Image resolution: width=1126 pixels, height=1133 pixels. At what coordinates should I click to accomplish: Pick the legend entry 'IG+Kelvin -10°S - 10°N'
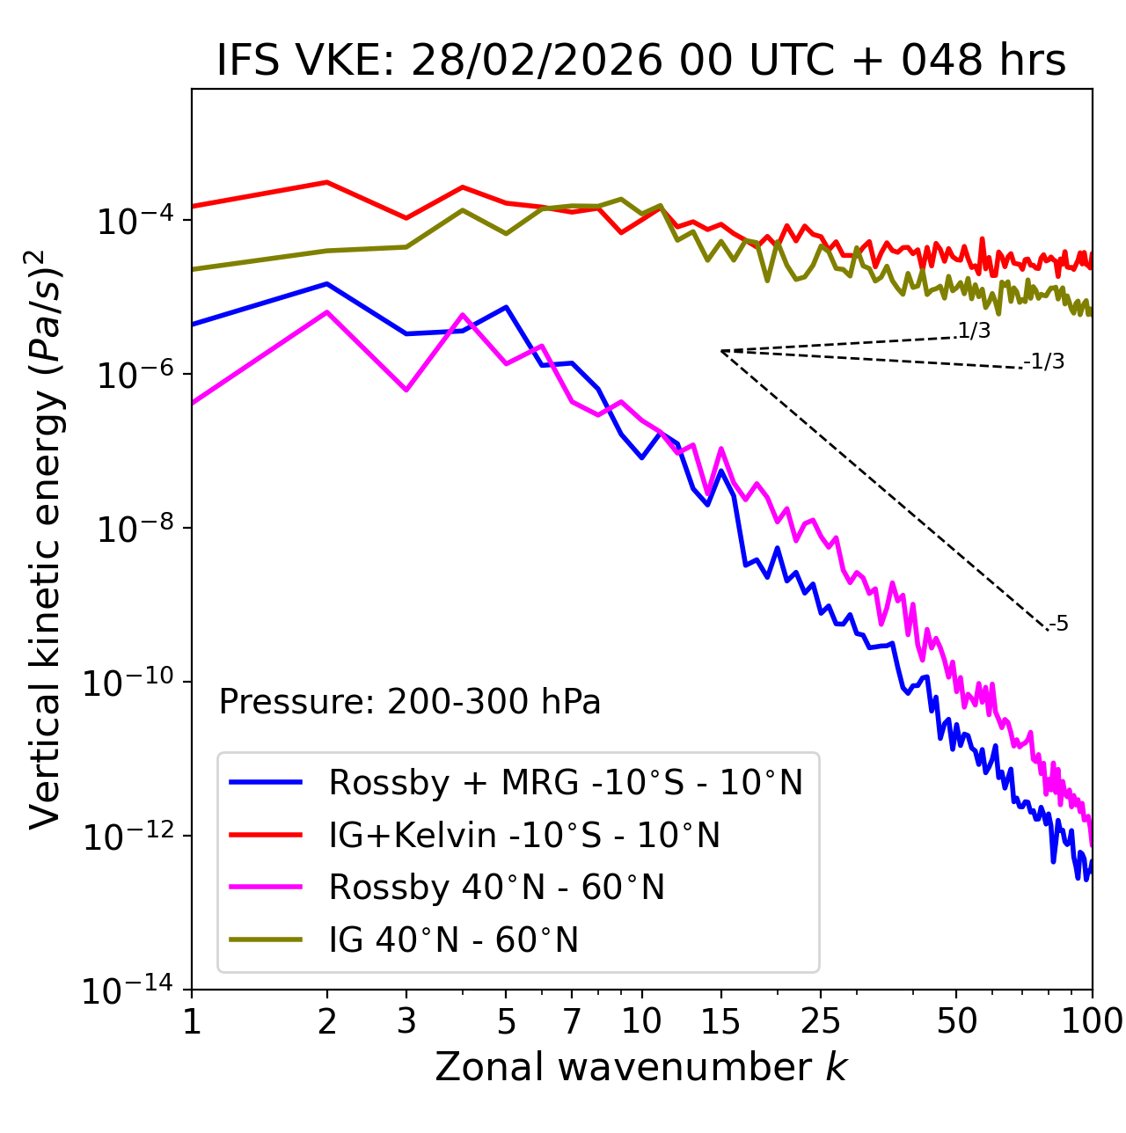524,835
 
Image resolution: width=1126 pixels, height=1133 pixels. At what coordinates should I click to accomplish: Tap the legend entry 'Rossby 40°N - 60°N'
496,888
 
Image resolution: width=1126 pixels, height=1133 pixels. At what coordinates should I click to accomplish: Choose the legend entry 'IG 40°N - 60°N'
453,940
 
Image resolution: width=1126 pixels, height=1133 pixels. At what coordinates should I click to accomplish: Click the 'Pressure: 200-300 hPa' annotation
409,702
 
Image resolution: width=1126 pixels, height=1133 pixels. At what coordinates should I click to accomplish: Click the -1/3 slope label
1044,362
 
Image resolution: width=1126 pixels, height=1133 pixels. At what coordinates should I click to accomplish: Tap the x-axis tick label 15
720,1021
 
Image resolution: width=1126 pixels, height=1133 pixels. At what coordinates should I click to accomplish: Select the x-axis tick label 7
572,1021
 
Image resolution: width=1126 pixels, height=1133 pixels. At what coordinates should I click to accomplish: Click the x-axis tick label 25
821,1021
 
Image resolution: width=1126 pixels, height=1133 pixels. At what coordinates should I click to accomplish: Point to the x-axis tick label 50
956,1021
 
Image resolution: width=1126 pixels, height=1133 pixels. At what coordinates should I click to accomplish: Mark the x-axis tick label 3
406,1021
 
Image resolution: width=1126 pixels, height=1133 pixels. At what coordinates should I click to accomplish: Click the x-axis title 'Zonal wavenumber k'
640,1067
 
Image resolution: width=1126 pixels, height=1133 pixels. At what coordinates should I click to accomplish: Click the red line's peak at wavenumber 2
327,182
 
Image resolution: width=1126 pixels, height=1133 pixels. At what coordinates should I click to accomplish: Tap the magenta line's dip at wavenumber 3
406,390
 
